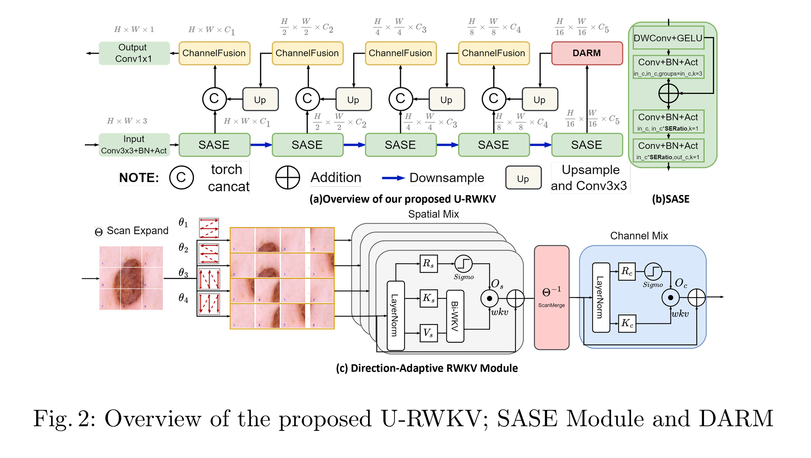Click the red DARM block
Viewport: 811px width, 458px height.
pos(587,53)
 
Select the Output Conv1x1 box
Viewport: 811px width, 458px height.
pos(134,53)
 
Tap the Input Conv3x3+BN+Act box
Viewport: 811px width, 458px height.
pos(134,145)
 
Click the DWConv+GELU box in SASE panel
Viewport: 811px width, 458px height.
pos(668,38)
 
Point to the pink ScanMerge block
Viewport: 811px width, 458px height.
pos(551,298)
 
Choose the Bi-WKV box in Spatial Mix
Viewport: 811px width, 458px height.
pos(455,316)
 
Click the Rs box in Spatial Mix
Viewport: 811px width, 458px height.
pos(428,264)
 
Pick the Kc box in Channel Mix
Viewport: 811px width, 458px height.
pos(627,323)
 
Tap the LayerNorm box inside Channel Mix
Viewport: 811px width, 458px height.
pos(601,298)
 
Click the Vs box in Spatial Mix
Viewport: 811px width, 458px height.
pos(428,333)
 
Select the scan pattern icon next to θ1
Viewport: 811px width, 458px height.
pos(209,228)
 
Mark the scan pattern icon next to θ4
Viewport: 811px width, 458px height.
pos(209,304)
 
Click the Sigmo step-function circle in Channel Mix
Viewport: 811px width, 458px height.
pos(653,272)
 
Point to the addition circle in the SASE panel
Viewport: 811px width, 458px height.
pos(668,93)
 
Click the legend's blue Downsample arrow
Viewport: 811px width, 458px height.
pos(393,178)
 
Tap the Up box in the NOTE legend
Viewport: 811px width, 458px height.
pos(523,178)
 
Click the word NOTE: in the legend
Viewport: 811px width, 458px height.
pos(139,178)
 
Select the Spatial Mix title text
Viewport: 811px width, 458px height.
pos(433,214)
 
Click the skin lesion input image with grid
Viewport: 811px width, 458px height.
pos(131,278)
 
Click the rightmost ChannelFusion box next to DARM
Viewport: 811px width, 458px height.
pos(493,53)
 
